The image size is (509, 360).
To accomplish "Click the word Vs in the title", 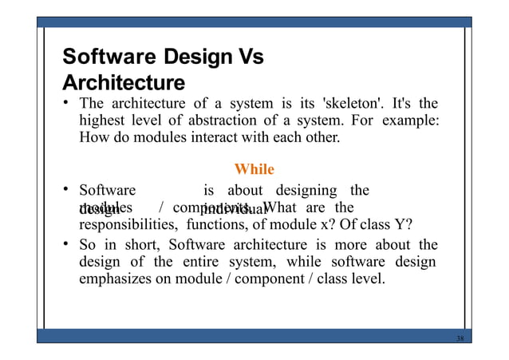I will point(247,57).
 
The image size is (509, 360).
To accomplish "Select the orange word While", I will point(254,169).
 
